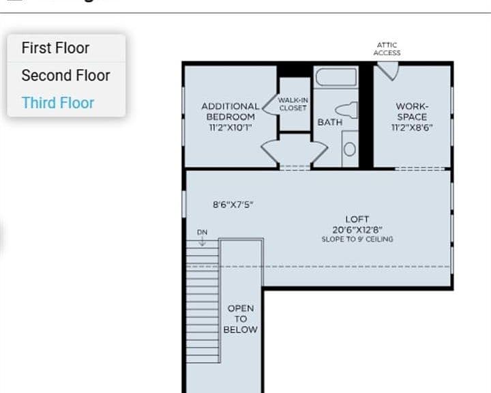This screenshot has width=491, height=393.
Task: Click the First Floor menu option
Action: point(55,48)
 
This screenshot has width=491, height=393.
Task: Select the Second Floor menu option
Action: point(65,76)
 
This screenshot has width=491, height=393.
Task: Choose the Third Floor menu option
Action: point(58,103)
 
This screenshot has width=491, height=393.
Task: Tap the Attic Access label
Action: point(387,49)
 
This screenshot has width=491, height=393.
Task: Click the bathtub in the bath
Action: point(336,77)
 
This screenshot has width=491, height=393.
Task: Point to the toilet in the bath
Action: point(346,110)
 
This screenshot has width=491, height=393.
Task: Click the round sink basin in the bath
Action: point(349,149)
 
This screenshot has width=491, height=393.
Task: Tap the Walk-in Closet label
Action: point(293,104)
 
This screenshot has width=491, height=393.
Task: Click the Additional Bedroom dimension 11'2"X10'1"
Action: point(230,128)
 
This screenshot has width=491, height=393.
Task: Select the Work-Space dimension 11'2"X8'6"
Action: point(412,128)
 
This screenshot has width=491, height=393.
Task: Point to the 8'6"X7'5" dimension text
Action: point(233,205)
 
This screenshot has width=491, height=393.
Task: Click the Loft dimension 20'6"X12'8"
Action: point(357,230)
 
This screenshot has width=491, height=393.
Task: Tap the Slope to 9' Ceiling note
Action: point(357,239)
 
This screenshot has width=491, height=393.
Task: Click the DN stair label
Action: point(203,232)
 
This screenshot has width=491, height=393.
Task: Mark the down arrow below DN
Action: point(203,241)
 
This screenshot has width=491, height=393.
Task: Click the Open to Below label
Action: point(241,319)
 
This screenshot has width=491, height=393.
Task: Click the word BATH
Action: point(330,122)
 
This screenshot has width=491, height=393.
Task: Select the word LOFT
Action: point(357,220)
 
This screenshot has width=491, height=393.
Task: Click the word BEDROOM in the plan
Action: point(230,117)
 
